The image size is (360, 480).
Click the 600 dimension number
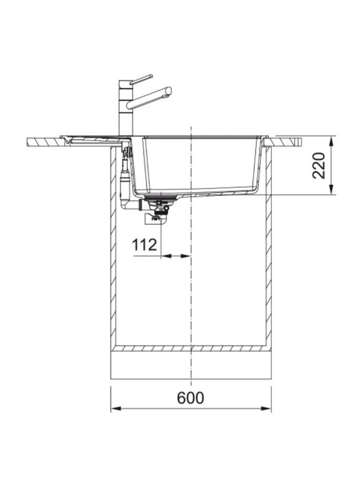[190, 398]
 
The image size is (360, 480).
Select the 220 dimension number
[319, 165]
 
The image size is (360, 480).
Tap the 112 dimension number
[144, 244]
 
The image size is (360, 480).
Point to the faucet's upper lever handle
[141, 79]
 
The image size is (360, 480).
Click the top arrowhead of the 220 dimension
[331, 141]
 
